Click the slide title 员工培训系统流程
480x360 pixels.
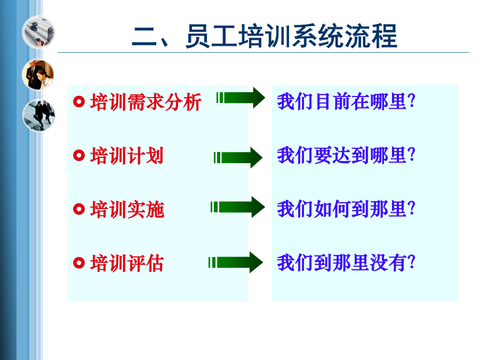point(291,36)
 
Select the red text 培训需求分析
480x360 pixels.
point(146,102)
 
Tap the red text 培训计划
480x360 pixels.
point(127,156)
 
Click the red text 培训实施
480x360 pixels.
point(127,210)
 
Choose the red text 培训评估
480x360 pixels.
point(127,263)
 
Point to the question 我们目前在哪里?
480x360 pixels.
point(346,101)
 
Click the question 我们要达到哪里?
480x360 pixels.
point(346,155)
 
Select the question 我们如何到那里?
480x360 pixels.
point(346,209)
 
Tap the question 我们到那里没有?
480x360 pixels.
point(346,262)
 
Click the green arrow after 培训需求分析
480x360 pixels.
point(241,98)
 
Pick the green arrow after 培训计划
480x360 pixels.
point(238,158)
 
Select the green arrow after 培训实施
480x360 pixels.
point(237,207)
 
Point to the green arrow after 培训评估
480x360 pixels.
point(235,262)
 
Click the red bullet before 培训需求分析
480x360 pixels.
point(79,102)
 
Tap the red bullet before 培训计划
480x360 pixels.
point(79,155)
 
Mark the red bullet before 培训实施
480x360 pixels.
point(79,209)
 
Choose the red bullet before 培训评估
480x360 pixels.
point(79,262)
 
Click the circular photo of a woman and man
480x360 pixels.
point(38,75)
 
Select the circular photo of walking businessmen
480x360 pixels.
point(39,115)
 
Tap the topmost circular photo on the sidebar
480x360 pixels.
point(38,32)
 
